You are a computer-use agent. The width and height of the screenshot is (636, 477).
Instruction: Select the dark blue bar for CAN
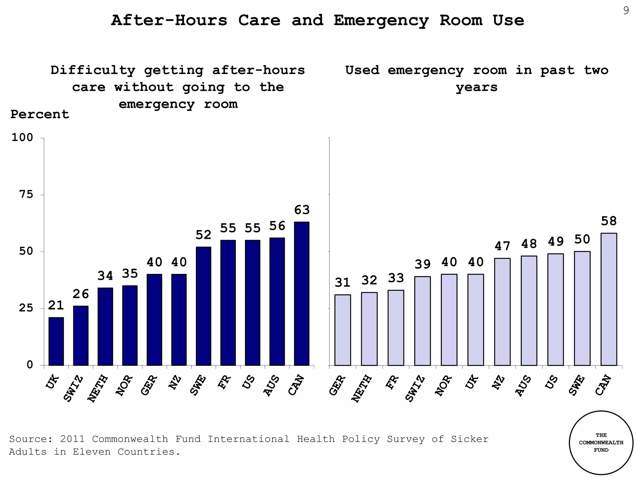pyautogui.click(x=302, y=293)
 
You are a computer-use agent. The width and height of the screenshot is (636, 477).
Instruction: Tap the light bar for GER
pyautogui.click(x=343, y=330)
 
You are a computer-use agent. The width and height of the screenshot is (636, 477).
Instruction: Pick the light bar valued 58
pyautogui.click(x=609, y=299)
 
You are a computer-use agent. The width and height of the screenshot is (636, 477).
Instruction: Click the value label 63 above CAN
pyautogui.click(x=302, y=210)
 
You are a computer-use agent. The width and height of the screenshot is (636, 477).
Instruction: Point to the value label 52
pyautogui.click(x=203, y=235)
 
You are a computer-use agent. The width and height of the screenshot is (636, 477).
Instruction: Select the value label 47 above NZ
pyautogui.click(x=502, y=246)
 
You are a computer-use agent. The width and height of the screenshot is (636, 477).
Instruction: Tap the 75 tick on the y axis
pyautogui.click(x=26, y=195)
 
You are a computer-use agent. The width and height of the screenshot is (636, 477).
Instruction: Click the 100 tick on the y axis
pyautogui.click(x=22, y=138)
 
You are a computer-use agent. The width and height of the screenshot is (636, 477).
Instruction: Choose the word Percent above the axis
pyautogui.click(x=40, y=115)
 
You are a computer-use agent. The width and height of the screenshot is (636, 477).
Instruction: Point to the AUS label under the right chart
pyautogui.click(x=524, y=386)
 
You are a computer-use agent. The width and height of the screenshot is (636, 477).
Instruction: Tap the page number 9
pyautogui.click(x=626, y=11)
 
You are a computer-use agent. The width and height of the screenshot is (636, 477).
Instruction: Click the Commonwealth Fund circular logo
pyautogui.click(x=601, y=443)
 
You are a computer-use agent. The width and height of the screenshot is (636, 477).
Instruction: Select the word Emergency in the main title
pyautogui.click(x=381, y=21)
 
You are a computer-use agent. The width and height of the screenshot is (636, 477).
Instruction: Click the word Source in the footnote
pyautogui.click(x=28, y=439)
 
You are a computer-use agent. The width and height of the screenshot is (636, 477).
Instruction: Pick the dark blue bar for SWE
pyautogui.click(x=203, y=306)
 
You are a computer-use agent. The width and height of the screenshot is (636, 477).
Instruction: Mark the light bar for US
pyautogui.click(x=556, y=309)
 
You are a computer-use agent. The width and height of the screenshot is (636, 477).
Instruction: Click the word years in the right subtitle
pyautogui.click(x=476, y=87)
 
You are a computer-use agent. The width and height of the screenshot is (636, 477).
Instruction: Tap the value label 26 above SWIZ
pyautogui.click(x=81, y=294)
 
